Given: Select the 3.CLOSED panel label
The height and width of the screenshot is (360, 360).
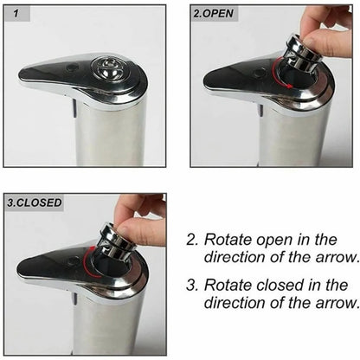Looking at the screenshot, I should point(35,202).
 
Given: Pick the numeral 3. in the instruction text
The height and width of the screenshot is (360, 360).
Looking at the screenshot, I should point(193,285).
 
